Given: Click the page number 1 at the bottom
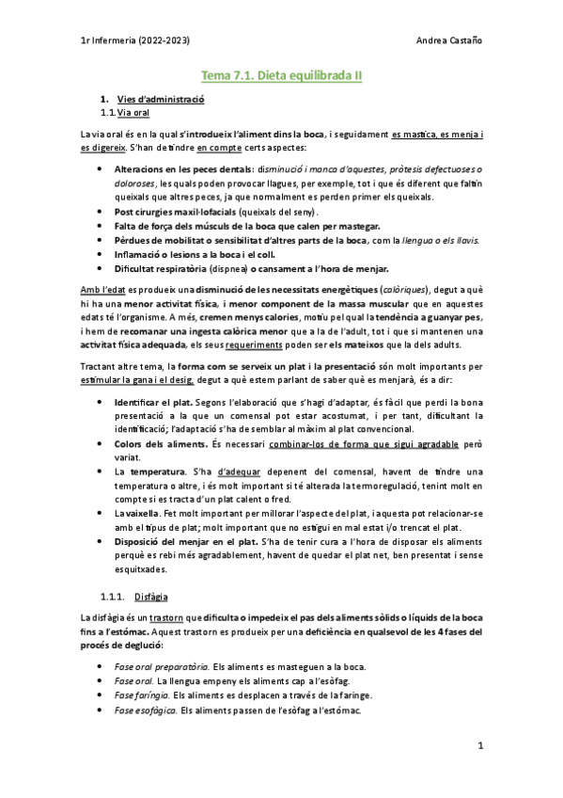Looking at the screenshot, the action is tap(479, 745).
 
